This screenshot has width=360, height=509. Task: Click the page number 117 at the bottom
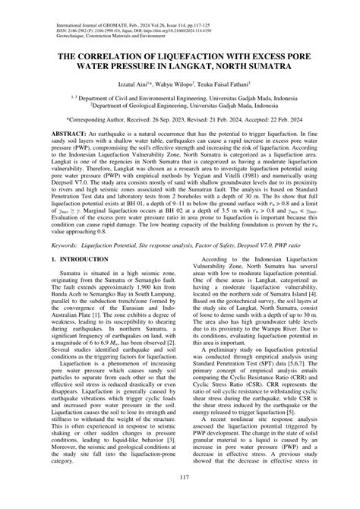point(180,498)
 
